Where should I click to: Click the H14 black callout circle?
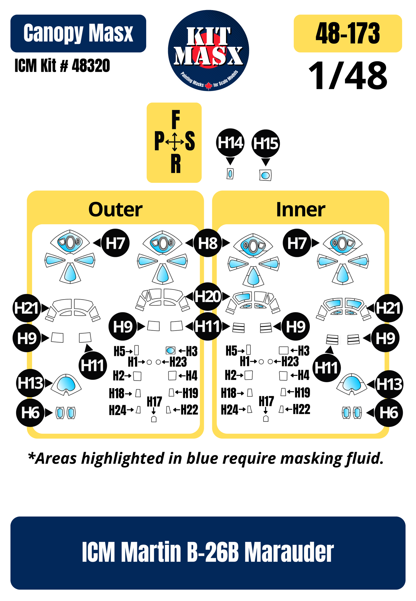click(230, 143)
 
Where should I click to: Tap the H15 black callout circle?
click(266, 143)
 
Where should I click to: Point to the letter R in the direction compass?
click(176, 163)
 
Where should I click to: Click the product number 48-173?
click(348, 33)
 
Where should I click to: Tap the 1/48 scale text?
click(348, 76)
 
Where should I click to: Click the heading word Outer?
click(115, 209)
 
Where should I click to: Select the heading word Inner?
click(301, 209)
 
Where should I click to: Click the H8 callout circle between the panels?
click(208, 243)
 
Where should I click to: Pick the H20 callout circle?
click(208, 297)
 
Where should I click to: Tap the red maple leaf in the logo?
click(208, 85)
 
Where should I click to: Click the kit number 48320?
click(91, 66)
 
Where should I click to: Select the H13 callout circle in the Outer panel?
click(30, 383)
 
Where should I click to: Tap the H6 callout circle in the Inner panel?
click(389, 413)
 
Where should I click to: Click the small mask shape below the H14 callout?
click(230, 174)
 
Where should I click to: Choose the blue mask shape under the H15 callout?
click(265, 175)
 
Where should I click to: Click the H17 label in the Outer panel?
click(154, 401)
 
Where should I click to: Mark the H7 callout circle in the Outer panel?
click(115, 243)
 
